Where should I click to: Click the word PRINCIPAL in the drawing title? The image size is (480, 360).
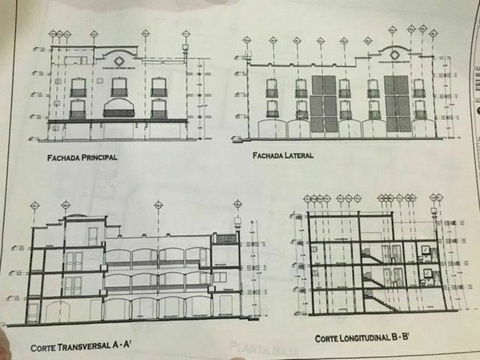[98, 158]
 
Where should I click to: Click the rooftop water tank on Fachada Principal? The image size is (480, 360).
[185, 49]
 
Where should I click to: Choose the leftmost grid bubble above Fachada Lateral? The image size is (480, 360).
[247, 40]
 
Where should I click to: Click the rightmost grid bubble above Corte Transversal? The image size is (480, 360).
[237, 203]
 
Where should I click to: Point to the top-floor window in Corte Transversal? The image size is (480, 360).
[93, 236]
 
